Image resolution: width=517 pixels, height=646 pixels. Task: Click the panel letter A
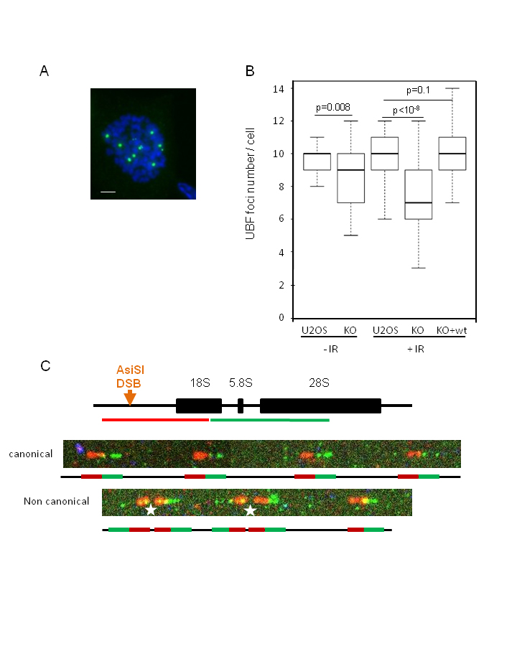[44, 71]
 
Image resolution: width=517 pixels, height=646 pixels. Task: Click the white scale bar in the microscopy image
[108, 192]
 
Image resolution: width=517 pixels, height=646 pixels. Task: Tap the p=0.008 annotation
[333, 108]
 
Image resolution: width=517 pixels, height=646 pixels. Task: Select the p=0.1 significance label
[418, 90]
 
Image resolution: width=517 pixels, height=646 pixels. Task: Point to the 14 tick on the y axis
[279, 88]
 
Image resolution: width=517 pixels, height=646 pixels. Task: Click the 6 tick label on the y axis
[281, 219]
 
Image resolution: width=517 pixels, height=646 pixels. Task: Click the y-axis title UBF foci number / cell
[251, 184]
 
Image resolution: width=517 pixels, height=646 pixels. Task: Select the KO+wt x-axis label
[452, 330]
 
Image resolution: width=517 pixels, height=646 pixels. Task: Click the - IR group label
[330, 350]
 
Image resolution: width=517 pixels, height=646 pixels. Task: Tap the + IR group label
[416, 350]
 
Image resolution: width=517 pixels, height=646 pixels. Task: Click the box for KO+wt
[452, 154]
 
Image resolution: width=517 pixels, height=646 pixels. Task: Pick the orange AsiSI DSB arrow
[130, 398]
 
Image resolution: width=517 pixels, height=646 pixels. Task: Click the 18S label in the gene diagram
[200, 383]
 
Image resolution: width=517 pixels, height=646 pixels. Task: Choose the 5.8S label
[241, 383]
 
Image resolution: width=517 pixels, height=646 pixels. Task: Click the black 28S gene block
[320, 406]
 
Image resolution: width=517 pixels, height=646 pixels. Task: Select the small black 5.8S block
[241, 406]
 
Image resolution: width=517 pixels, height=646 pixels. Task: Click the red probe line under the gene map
[155, 420]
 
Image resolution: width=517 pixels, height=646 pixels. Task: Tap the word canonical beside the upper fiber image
[30, 454]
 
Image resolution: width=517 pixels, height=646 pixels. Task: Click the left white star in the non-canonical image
[151, 510]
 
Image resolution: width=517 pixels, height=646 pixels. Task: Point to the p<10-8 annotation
[406, 110]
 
